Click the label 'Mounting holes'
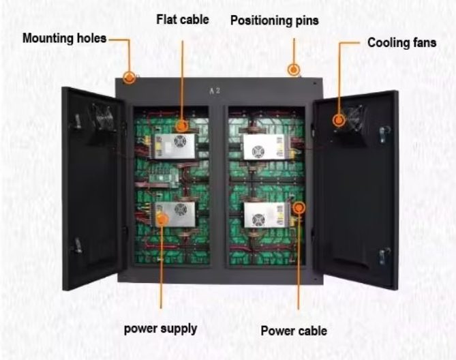tap(65, 38)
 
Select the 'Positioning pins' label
tap(274, 20)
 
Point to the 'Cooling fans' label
tap(401, 42)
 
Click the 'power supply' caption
tap(160, 329)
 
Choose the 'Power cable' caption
tap(294, 331)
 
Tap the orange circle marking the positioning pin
tap(294, 70)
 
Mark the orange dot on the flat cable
tap(182, 125)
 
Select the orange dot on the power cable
tap(298, 206)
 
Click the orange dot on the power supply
tap(161, 218)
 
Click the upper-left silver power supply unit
tap(176, 145)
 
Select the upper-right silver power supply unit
tap(263, 146)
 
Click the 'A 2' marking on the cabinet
tap(215, 90)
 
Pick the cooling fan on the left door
tap(102, 119)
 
